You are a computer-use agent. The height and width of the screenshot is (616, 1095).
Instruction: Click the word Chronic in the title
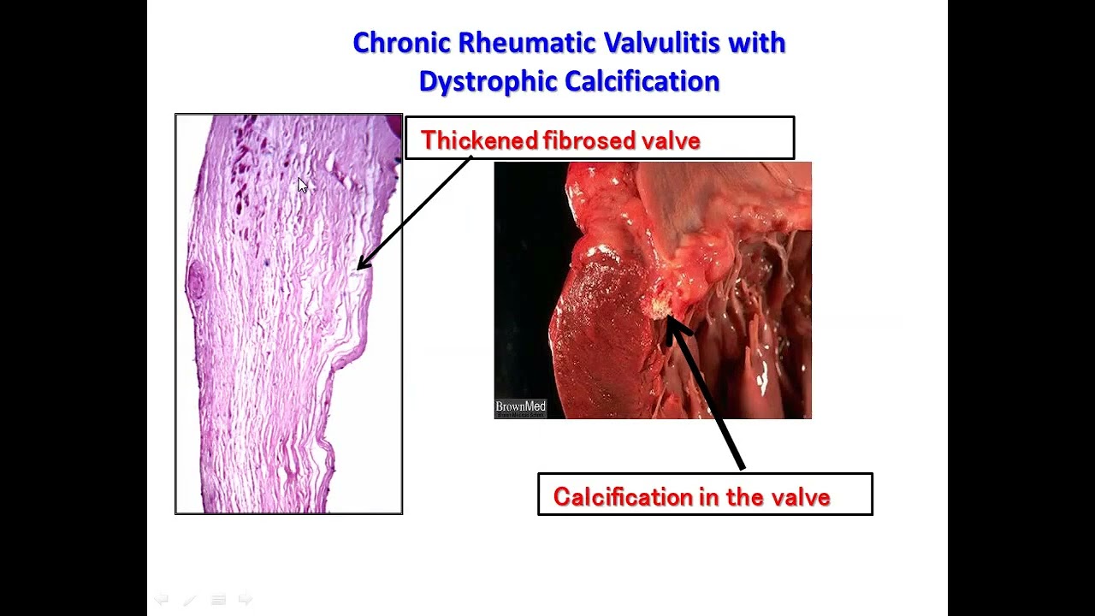click(x=400, y=43)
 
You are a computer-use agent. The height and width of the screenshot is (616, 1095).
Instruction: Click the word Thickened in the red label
click(x=479, y=140)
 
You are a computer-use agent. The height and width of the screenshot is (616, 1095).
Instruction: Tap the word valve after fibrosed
click(x=672, y=140)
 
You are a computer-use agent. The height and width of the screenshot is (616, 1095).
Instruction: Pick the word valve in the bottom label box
click(x=801, y=497)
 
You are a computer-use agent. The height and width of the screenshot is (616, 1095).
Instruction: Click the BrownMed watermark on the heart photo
click(x=520, y=407)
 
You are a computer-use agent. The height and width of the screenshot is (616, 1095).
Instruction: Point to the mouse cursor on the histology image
click(x=302, y=186)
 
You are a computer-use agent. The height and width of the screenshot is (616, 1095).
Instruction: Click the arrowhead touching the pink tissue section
click(x=362, y=265)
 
